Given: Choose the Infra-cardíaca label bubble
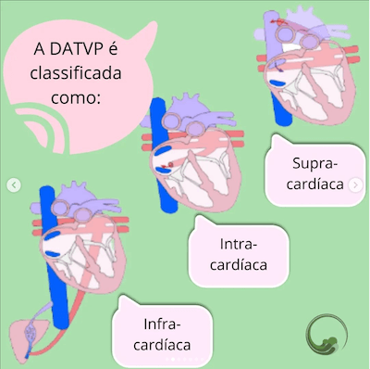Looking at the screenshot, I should click(x=161, y=335).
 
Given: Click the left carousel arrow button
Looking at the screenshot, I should click(x=12, y=185).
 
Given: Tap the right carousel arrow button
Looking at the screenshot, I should click(x=357, y=185).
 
